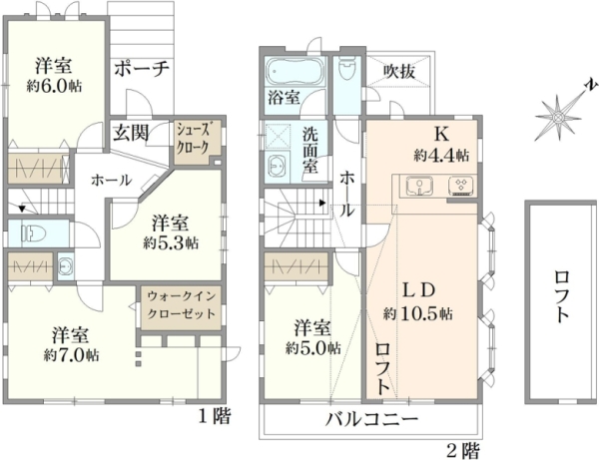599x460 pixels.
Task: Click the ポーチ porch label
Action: click(x=142, y=70)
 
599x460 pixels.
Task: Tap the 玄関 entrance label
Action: click(x=131, y=134)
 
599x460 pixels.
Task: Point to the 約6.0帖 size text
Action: click(x=54, y=87)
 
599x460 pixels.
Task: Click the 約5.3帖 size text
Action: click(x=171, y=242)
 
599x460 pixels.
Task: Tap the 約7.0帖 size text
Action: click(x=72, y=355)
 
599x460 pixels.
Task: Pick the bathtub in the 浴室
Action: click(x=294, y=71)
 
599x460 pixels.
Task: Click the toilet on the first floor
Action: click(x=34, y=232)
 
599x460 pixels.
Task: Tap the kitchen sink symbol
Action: click(x=419, y=186)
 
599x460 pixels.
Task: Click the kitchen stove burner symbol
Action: click(x=461, y=186)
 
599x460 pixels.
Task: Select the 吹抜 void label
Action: click(x=398, y=72)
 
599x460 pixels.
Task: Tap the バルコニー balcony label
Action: click(x=371, y=420)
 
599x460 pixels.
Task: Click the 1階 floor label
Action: click(x=215, y=416)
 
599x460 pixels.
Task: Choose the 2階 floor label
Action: click(x=462, y=451)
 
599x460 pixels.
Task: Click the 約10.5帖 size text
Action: click(x=418, y=314)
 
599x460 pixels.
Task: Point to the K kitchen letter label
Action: click(x=441, y=134)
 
